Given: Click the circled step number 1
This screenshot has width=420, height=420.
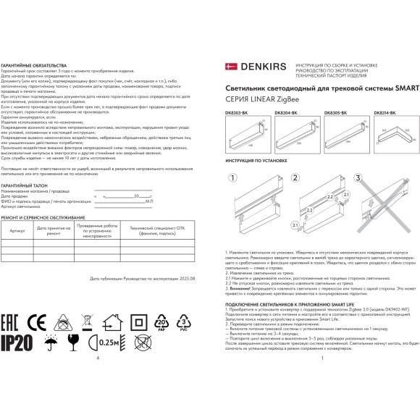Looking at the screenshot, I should click(233, 177).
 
